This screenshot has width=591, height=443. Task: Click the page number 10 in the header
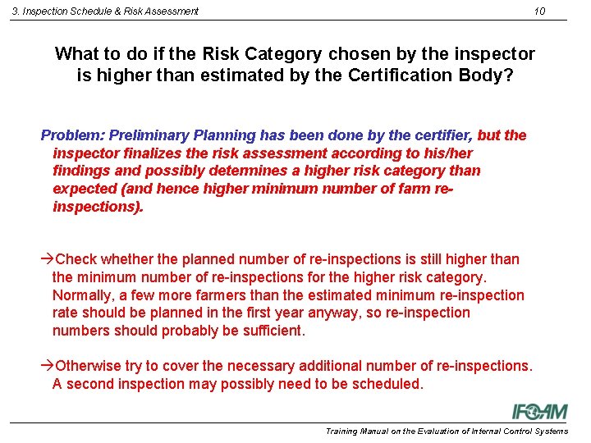[x=538, y=11]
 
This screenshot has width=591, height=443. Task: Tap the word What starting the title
[x=77, y=55]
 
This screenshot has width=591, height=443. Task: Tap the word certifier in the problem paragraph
[x=440, y=135]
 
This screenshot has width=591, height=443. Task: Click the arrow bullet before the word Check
[x=47, y=259]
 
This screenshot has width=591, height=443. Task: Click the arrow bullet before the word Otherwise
[x=47, y=366]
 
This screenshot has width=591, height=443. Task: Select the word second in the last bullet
[x=89, y=384]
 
